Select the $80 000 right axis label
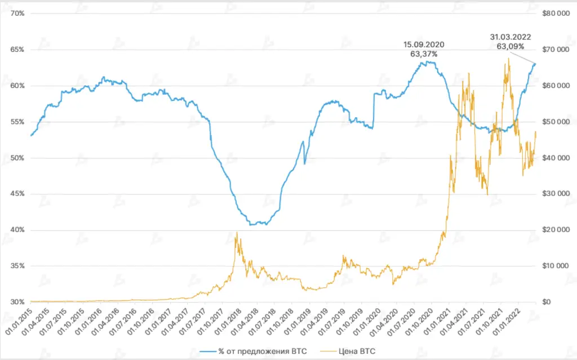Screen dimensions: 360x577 pos(554,14)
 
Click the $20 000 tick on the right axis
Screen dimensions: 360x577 pos(554,230)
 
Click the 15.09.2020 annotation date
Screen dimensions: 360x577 pos(424,45)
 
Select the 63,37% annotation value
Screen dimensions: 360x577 pos(424,54)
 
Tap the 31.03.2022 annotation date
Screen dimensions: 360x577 pos(511,37)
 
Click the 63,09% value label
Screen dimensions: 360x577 pos(511,47)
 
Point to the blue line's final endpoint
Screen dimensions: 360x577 pos(535,64)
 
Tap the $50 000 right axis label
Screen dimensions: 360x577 pos(554,122)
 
